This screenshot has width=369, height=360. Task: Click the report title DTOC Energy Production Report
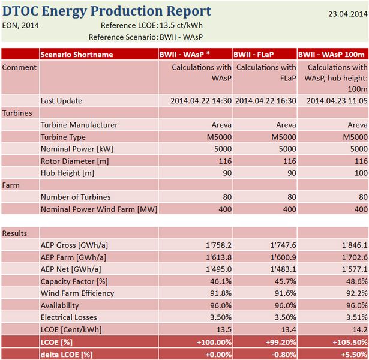pos(107,11)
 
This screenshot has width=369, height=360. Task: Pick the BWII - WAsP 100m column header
pos(332,55)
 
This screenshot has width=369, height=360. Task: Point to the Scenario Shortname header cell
pos(77,55)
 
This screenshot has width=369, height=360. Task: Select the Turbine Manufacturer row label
pos(79,125)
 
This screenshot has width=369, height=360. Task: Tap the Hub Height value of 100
pos(361,173)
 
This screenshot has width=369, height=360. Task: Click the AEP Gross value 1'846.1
pos(354,245)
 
